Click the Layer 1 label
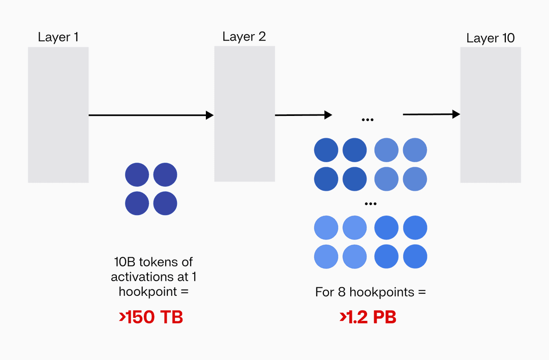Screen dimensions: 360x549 pos(58,37)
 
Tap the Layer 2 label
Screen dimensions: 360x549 pos(244,37)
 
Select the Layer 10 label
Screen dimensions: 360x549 pos(491,38)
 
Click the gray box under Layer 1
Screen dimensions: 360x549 pos(58,115)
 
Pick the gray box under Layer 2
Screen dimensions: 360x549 pos(245,114)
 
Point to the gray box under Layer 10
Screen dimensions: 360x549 pos(491,115)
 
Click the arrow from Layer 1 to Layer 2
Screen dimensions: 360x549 pos(151,115)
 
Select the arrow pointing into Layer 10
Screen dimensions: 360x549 pos(431,114)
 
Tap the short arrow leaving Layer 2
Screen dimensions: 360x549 pos(303,115)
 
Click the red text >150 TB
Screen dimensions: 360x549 pos(151,317)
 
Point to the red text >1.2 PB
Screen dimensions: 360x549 pos(368,317)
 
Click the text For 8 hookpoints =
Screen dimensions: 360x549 pos(371,292)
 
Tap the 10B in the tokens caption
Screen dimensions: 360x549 pos(124,262)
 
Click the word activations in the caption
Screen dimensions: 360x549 pos(139,277)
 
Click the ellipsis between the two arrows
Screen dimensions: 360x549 pos(368,119)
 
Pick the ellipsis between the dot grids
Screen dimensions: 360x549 pos(371,203)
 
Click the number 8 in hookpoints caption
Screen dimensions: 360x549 pos(340,292)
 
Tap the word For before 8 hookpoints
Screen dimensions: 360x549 pos(324,292)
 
